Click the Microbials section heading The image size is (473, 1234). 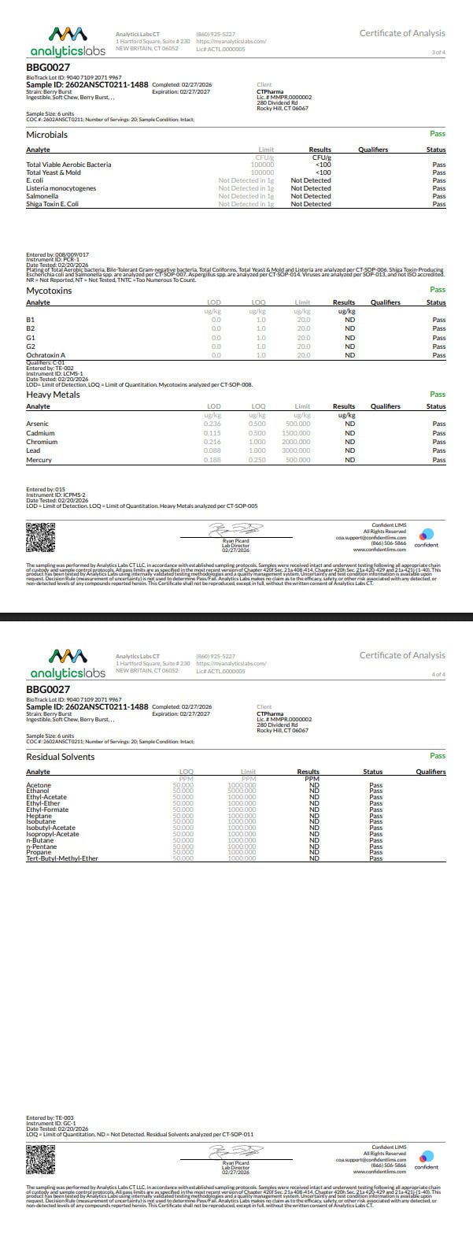tap(47, 135)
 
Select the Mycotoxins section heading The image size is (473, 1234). tap(49, 291)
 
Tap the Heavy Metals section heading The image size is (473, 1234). tap(53, 395)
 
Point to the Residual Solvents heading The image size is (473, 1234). tap(61, 757)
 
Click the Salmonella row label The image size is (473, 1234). tap(42, 196)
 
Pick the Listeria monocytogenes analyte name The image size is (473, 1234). tap(61, 188)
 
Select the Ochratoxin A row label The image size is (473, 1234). tap(46, 355)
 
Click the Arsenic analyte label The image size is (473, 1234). tap(38, 424)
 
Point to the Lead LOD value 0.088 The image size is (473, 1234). tap(212, 450)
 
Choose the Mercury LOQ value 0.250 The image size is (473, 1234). tap(257, 459)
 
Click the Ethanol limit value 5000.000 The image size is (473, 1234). tap(242, 790)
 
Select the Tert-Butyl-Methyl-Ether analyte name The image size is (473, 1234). tap(62, 858)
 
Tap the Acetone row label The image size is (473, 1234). tap(39, 784)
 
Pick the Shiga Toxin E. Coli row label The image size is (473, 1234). tap(53, 204)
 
